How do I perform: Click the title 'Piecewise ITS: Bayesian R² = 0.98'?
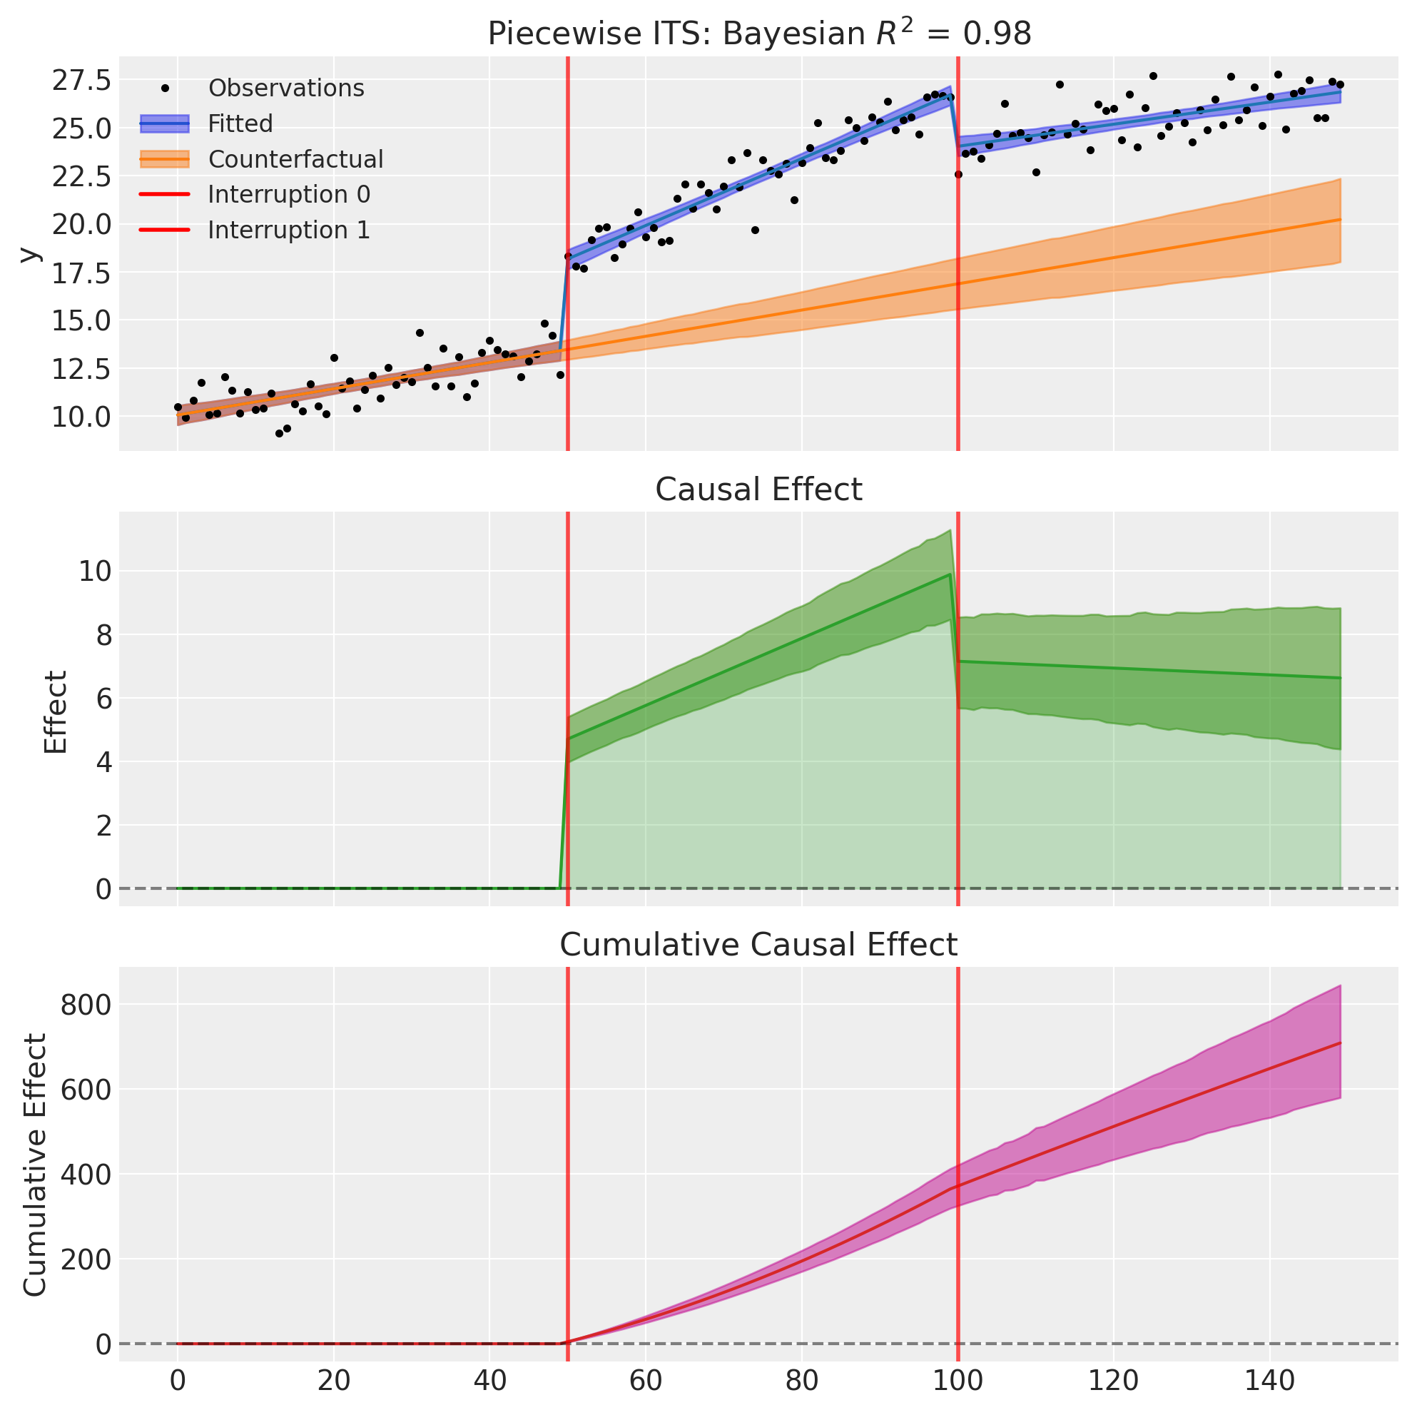[x=758, y=34]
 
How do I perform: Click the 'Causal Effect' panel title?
[x=758, y=490]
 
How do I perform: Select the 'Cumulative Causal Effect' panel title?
[x=758, y=945]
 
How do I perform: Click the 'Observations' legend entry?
[x=286, y=88]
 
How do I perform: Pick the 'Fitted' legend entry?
[x=240, y=124]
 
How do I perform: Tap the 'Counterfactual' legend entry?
[x=295, y=159]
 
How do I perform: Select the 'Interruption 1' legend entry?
[x=289, y=230]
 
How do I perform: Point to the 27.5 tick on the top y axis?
[x=81, y=80]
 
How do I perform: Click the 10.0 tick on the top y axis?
[x=81, y=417]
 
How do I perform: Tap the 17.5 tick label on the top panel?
[x=81, y=273]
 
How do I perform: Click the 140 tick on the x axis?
[x=1269, y=1381]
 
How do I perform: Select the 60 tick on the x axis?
[x=645, y=1381]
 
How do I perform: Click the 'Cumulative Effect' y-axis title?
[x=35, y=1165]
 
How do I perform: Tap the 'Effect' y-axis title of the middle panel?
[x=56, y=711]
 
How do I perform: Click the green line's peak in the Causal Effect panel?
[x=950, y=574]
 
